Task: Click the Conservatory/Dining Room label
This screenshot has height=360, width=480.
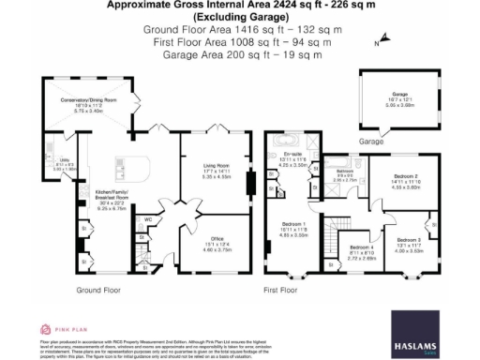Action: (96, 99)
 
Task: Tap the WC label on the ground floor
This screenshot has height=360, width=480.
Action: (149, 221)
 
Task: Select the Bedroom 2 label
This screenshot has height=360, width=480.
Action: (405, 175)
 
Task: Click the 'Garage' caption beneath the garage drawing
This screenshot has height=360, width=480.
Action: (375, 142)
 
